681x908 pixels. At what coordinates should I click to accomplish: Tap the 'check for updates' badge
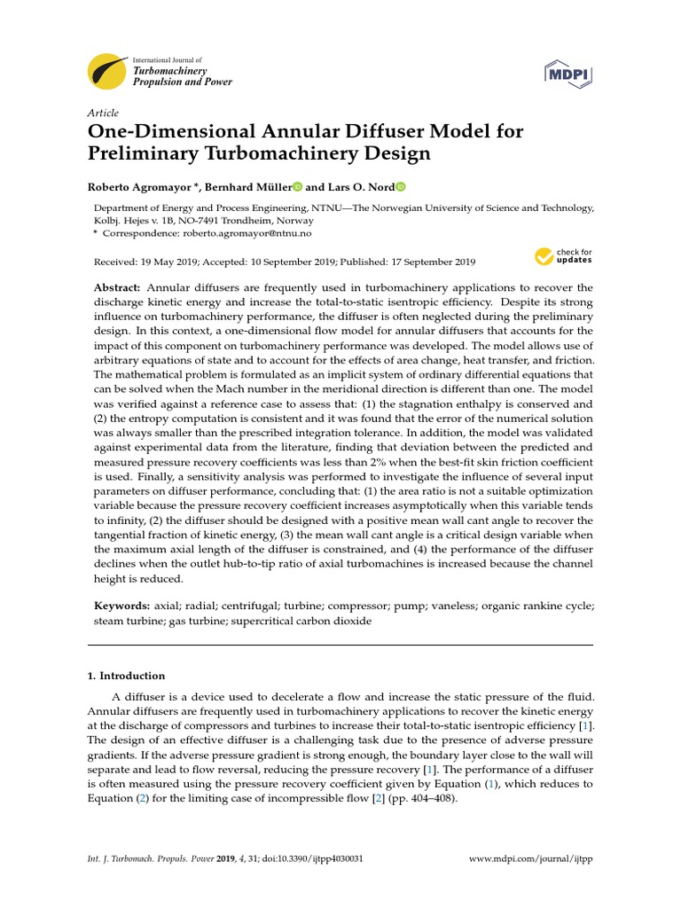pos(564,257)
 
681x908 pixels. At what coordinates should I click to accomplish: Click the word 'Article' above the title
pos(103,113)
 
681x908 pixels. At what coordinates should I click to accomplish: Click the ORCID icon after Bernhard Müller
pos(297,187)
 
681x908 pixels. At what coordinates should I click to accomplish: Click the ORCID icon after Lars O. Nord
pos(400,187)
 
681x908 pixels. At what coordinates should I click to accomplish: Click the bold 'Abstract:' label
pos(118,288)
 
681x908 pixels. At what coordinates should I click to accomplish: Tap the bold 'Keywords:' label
pos(122,606)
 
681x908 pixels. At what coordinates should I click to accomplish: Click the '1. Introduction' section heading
pos(126,676)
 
